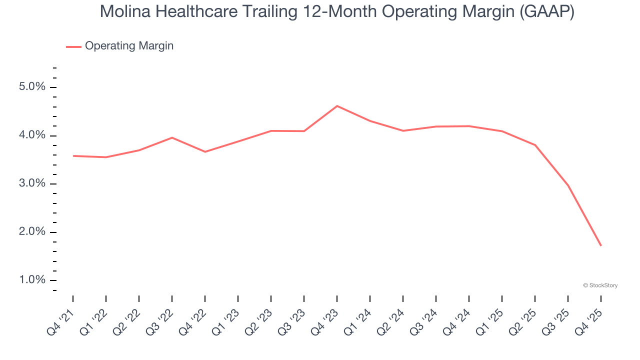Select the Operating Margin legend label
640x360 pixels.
point(129,46)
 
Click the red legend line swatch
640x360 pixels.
point(73,46)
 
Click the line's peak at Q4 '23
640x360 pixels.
point(337,106)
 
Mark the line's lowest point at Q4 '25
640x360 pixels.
point(600,245)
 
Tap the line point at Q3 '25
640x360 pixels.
point(568,185)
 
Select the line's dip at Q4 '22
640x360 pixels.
point(205,151)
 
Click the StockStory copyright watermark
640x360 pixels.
point(600,285)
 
